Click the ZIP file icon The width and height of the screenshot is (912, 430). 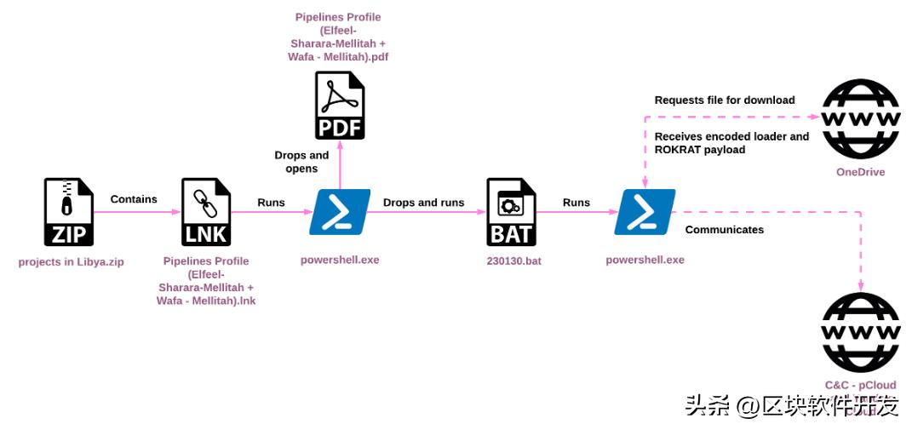[x=69, y=212]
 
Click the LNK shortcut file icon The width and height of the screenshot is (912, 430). [x=206, y=212]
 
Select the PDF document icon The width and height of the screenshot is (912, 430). [x=340, y=106]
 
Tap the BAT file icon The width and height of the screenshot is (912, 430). [x=511, y=212]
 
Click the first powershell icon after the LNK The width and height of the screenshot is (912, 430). [x=340, y=212]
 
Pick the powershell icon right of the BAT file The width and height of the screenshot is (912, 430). [x=645, y=212]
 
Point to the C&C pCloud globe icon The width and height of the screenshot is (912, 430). [x=860, y=332]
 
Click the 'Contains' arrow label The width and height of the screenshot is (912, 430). [x=134, y=199]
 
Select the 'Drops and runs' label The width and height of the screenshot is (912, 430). [x=423, y=203]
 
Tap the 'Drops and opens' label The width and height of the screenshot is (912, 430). [x=301, y=162]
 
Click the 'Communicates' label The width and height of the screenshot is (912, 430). [x=725, y=229]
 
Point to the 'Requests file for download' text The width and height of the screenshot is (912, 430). [x=725, y=100]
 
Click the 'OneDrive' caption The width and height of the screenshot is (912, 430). [x=860, y=172]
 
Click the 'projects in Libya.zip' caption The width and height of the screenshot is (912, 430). [x=71, y=261]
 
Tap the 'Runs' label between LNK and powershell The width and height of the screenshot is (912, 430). [x=271, y=203]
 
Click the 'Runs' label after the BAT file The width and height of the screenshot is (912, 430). [x=576, y=203]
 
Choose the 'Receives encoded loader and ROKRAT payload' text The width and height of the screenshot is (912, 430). [x=731, y=143]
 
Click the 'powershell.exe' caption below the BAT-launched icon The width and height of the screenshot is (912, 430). [x=645, y=260]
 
